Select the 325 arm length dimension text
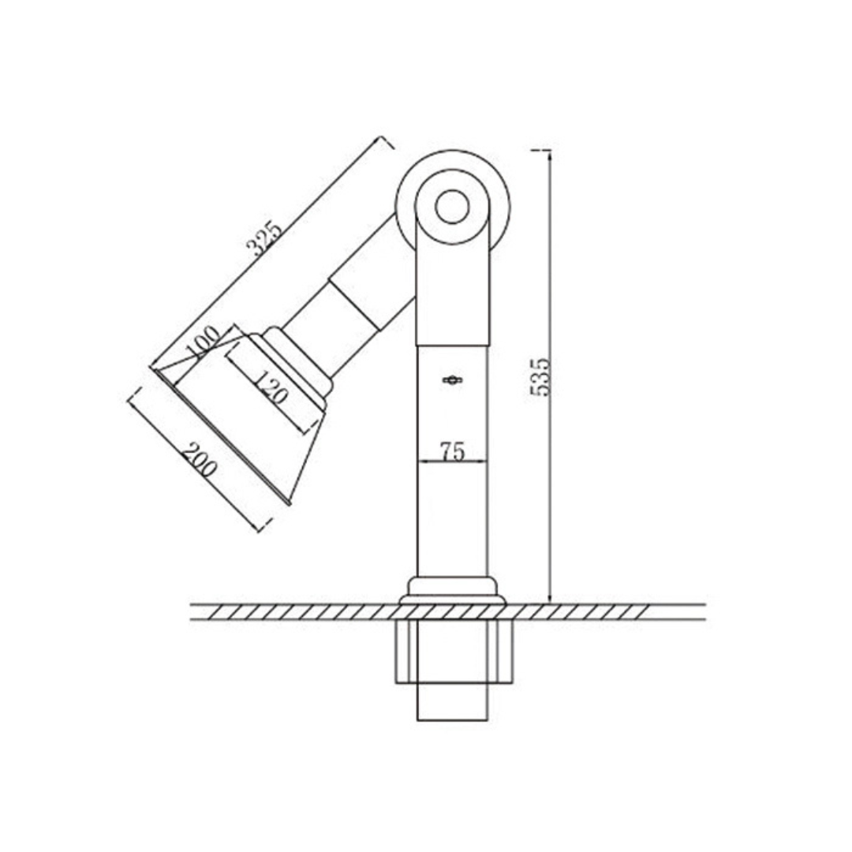(264, 238)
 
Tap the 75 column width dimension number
(452, 451)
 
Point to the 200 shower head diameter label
(200, 460)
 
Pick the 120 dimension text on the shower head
(270, 387)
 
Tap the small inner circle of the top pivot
(452, 207)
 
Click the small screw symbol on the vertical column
(452, 380)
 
